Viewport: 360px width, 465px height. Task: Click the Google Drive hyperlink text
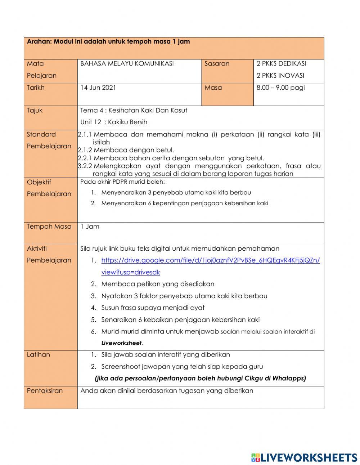click(x=210, y=260)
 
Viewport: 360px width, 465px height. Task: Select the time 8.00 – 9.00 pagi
click(x=280, y=88)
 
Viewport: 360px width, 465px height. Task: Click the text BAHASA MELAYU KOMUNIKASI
click(x=127, y=64)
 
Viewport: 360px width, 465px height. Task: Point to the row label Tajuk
click(x=35, y=110)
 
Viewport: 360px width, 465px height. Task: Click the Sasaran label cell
click(x=217, y=64)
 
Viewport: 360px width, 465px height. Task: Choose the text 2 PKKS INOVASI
click(x=280, y=76)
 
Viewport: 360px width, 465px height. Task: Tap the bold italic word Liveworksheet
click(x=121, y=343)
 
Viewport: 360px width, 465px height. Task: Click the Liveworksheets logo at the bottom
click(x=304, y=457)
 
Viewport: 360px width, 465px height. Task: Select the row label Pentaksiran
click(x=45, y=391)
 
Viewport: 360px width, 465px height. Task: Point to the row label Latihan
click(x=39, y=355)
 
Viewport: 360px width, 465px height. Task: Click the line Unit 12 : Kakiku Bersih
click(x=114, y=122)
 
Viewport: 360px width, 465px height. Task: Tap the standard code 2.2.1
click(x=85, y=158)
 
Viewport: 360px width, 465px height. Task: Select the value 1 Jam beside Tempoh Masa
click(x=90, y=227)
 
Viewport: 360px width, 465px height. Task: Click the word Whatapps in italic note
click(x=288, y=378)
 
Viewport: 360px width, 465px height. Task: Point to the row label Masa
click(x=213, y=88)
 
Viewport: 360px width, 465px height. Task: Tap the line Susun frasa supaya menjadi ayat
click(x=153, y=308)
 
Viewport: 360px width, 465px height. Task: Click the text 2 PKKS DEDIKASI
click(x=281, y=64)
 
